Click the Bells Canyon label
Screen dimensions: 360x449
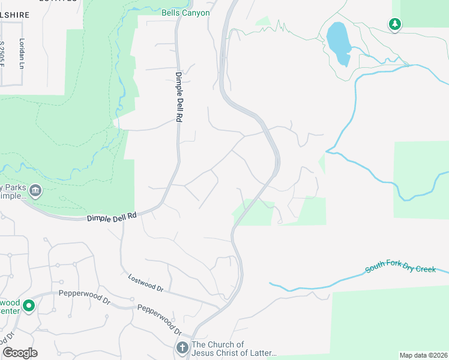(185, 13)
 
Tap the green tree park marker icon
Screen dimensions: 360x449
(394, 24)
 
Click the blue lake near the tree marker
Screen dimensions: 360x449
(338, 43)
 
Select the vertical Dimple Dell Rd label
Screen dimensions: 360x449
(178, 97)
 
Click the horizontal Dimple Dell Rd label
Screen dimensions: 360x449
(112, 218)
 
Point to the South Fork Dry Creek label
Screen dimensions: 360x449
(401, 269)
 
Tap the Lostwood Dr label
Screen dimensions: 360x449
(146, 283)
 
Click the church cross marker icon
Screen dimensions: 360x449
(182, 347)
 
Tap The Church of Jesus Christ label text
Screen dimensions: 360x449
(234, 349)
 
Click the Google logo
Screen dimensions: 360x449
(20, 353)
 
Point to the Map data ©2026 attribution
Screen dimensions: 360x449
(423, 355)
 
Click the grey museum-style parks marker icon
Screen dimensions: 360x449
(35, 191)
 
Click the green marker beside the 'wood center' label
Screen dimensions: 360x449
(28, 307)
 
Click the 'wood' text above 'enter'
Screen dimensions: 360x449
(10, 302)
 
